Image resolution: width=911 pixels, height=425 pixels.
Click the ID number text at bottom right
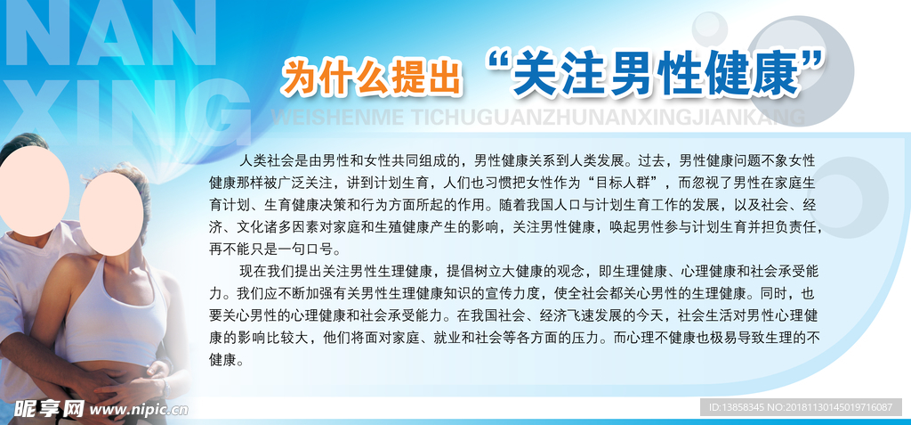click(800, 407)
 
